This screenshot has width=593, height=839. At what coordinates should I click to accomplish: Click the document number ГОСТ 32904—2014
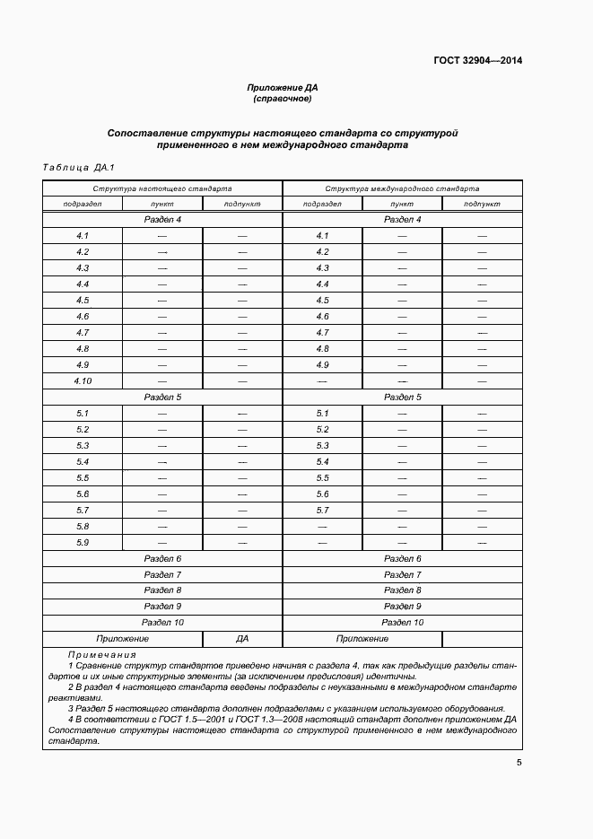click(479, 61)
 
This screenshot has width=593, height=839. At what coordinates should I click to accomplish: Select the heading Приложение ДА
click(283, 88)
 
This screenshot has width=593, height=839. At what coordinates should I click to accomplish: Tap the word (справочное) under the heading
click(283, 99)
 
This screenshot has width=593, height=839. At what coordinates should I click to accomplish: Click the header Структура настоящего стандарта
click(162, 189)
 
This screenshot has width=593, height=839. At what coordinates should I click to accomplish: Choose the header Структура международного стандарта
click(402, 189)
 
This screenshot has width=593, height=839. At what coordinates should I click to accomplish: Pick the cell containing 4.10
click(83, 381)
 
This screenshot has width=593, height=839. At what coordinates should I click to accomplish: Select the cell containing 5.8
click(83, 527)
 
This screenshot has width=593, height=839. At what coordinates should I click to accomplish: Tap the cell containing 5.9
click(83, 543)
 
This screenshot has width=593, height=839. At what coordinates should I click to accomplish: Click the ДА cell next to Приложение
click(242, 639)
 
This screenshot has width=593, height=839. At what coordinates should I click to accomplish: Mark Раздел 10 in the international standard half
click(402, 622)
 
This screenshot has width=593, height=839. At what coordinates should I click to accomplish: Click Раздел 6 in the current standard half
click(162, 558)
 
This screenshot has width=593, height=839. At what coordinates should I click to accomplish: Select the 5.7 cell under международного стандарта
click(323, 511)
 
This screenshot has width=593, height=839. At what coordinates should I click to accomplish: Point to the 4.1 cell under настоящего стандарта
click(83, 236)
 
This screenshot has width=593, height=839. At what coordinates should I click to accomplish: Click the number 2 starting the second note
click(70, 686)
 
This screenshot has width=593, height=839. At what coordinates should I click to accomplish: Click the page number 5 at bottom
click(519, 763)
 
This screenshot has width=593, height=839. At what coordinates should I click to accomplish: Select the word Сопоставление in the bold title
click(149, 133)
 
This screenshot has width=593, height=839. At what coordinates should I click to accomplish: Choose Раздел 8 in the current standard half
click(162, 590)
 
